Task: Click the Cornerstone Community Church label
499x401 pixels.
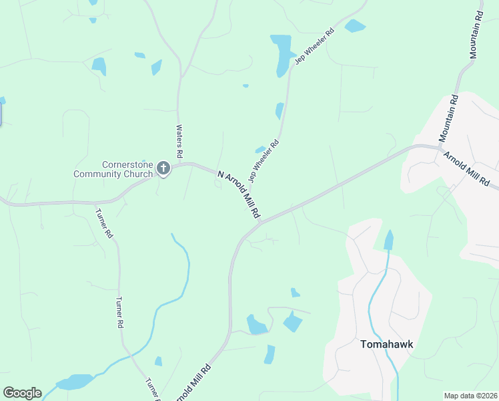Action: (113, 169)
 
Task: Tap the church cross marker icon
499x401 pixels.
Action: (163, 170)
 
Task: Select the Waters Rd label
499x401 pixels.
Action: (179, 140)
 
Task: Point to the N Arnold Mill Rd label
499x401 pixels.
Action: (238, 194)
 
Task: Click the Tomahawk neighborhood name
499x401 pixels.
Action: (387, 345)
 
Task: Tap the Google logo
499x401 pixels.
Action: (22, 393)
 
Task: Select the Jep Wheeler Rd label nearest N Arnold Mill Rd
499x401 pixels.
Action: (263, 160)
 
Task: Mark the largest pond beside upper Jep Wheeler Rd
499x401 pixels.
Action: (282, 53)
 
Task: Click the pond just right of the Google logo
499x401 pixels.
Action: (75, 382)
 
